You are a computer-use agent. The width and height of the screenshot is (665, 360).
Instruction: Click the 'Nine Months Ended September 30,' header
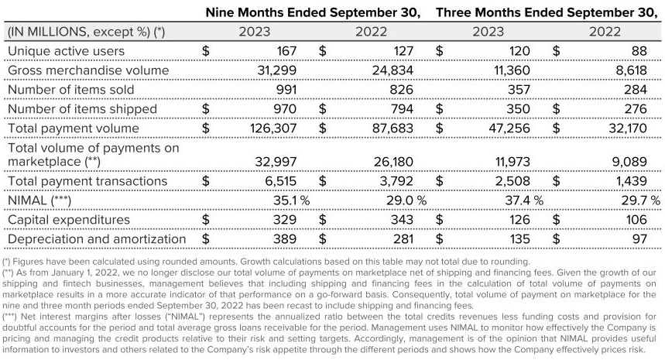click(x=313, y=12)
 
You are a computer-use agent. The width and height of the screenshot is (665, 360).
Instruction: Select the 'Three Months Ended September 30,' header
click(x=547, y=12)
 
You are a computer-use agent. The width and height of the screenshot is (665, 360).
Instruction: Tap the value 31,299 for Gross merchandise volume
click(x=277, y=70)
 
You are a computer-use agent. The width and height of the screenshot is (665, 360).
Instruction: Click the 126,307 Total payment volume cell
click(x=273, y=128)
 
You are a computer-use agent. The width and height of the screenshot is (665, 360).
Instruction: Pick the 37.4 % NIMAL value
click(x=524, y=201)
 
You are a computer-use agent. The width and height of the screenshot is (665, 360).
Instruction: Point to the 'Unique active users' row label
click(x=66, y=51)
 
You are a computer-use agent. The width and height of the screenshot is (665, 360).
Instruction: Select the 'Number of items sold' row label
click(x=70, y=90)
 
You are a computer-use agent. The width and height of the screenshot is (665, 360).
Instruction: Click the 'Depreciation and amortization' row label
click(x=97, y=239)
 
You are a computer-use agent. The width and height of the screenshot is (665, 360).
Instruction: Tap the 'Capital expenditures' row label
click(x=69, y=220)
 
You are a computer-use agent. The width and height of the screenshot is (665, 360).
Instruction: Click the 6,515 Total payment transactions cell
click(x=281, y=181)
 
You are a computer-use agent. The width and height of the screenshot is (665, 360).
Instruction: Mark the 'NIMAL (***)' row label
click(x=39, y=201)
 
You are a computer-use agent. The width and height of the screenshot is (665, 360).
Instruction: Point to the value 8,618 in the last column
click(x=632, y=70)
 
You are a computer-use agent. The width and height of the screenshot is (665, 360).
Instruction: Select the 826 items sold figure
click(x=401, y=90)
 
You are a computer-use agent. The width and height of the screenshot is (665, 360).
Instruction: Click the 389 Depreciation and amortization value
click(x=285, y=239)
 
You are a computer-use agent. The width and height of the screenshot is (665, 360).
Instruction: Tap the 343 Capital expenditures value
click(x=401, y=220)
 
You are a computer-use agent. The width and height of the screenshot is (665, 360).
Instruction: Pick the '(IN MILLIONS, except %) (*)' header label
click(x=87, y=32)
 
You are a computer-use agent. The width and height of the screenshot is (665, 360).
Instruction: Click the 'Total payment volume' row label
click(x=74, y=128)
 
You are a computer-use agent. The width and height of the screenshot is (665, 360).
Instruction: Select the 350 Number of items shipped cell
click(x=518, y=109)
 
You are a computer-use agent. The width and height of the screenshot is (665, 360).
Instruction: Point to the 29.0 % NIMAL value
click(x=406, y=201)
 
